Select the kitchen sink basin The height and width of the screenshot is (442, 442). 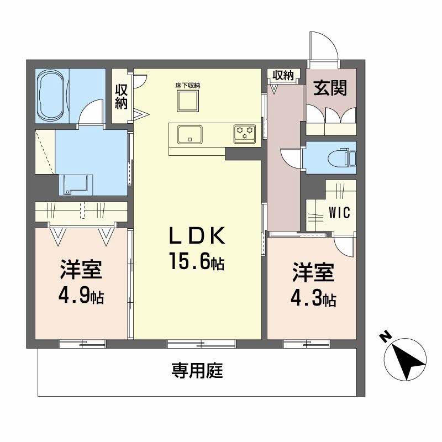[190, 135]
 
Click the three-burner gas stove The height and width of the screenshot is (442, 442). [245, 133]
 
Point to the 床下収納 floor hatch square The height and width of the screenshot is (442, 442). [188, 101]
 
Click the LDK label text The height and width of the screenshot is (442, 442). [197, 236]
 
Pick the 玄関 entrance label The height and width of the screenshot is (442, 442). [330, 88]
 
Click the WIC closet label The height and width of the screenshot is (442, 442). [339, 213]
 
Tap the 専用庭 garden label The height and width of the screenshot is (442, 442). [197, 370]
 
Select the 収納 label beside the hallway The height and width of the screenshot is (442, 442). [283, 75]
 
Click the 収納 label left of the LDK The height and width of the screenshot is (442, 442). [121, 96]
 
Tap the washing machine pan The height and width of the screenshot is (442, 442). [76, 185]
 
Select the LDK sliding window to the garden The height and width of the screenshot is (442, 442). [201, 344]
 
